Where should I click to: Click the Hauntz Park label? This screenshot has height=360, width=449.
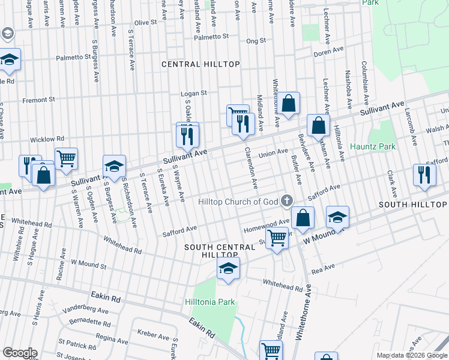coord(373,146)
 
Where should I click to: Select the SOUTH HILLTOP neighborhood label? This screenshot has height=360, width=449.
coord(412,205)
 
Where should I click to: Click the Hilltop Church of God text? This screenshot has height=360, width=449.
coord(238,202)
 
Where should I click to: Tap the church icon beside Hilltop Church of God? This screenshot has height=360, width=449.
coord(287,201)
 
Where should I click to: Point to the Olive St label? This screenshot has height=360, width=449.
coord(145,22)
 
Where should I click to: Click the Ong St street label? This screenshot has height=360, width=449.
coord(256,41)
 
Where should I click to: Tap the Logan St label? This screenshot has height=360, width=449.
coord(194,94)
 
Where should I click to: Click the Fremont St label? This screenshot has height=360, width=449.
coord(38,100)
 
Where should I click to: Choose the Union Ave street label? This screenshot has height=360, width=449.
coord(273,154)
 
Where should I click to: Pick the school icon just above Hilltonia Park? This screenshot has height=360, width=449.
coord(228,269)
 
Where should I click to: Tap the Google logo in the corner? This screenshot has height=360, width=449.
coord(20,353)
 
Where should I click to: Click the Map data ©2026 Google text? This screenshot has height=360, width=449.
coord(411,355)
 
